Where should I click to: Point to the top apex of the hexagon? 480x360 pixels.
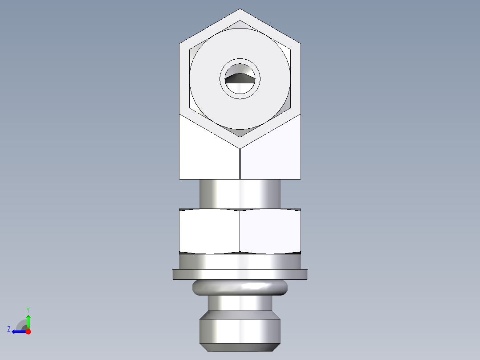coord(240,9)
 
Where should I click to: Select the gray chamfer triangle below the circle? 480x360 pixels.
coord(240,132)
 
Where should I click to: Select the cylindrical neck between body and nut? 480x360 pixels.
coord(240,194)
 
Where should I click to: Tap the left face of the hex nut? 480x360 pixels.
coord(209,231)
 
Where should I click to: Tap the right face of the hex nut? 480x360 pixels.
coord(271,231)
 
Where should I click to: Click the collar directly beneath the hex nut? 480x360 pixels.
coord(240,261)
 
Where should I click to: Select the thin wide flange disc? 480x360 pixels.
coord(240,274)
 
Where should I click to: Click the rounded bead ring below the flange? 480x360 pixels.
coord(240,288)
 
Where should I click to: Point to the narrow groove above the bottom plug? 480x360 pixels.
coord(240,303)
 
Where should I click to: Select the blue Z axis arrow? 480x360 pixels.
coord(18,331)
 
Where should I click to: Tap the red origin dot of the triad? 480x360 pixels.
coord(28,331)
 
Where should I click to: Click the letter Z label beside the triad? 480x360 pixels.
coord(9,329)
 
